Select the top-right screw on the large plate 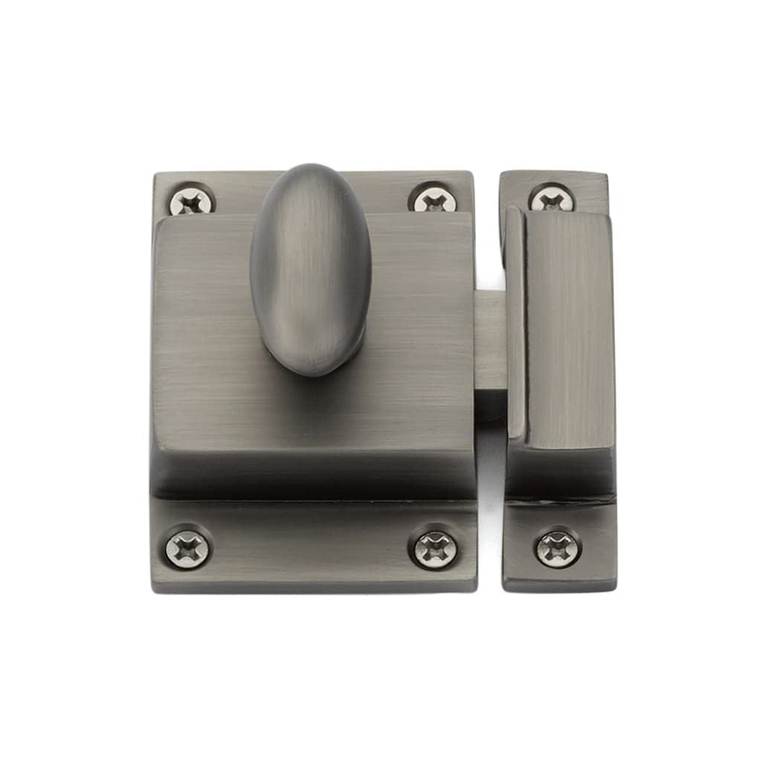coord(429,198)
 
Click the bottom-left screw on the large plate coord(187,547)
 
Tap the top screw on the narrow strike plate coord(551,199)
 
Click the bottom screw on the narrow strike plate coord(558,548)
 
